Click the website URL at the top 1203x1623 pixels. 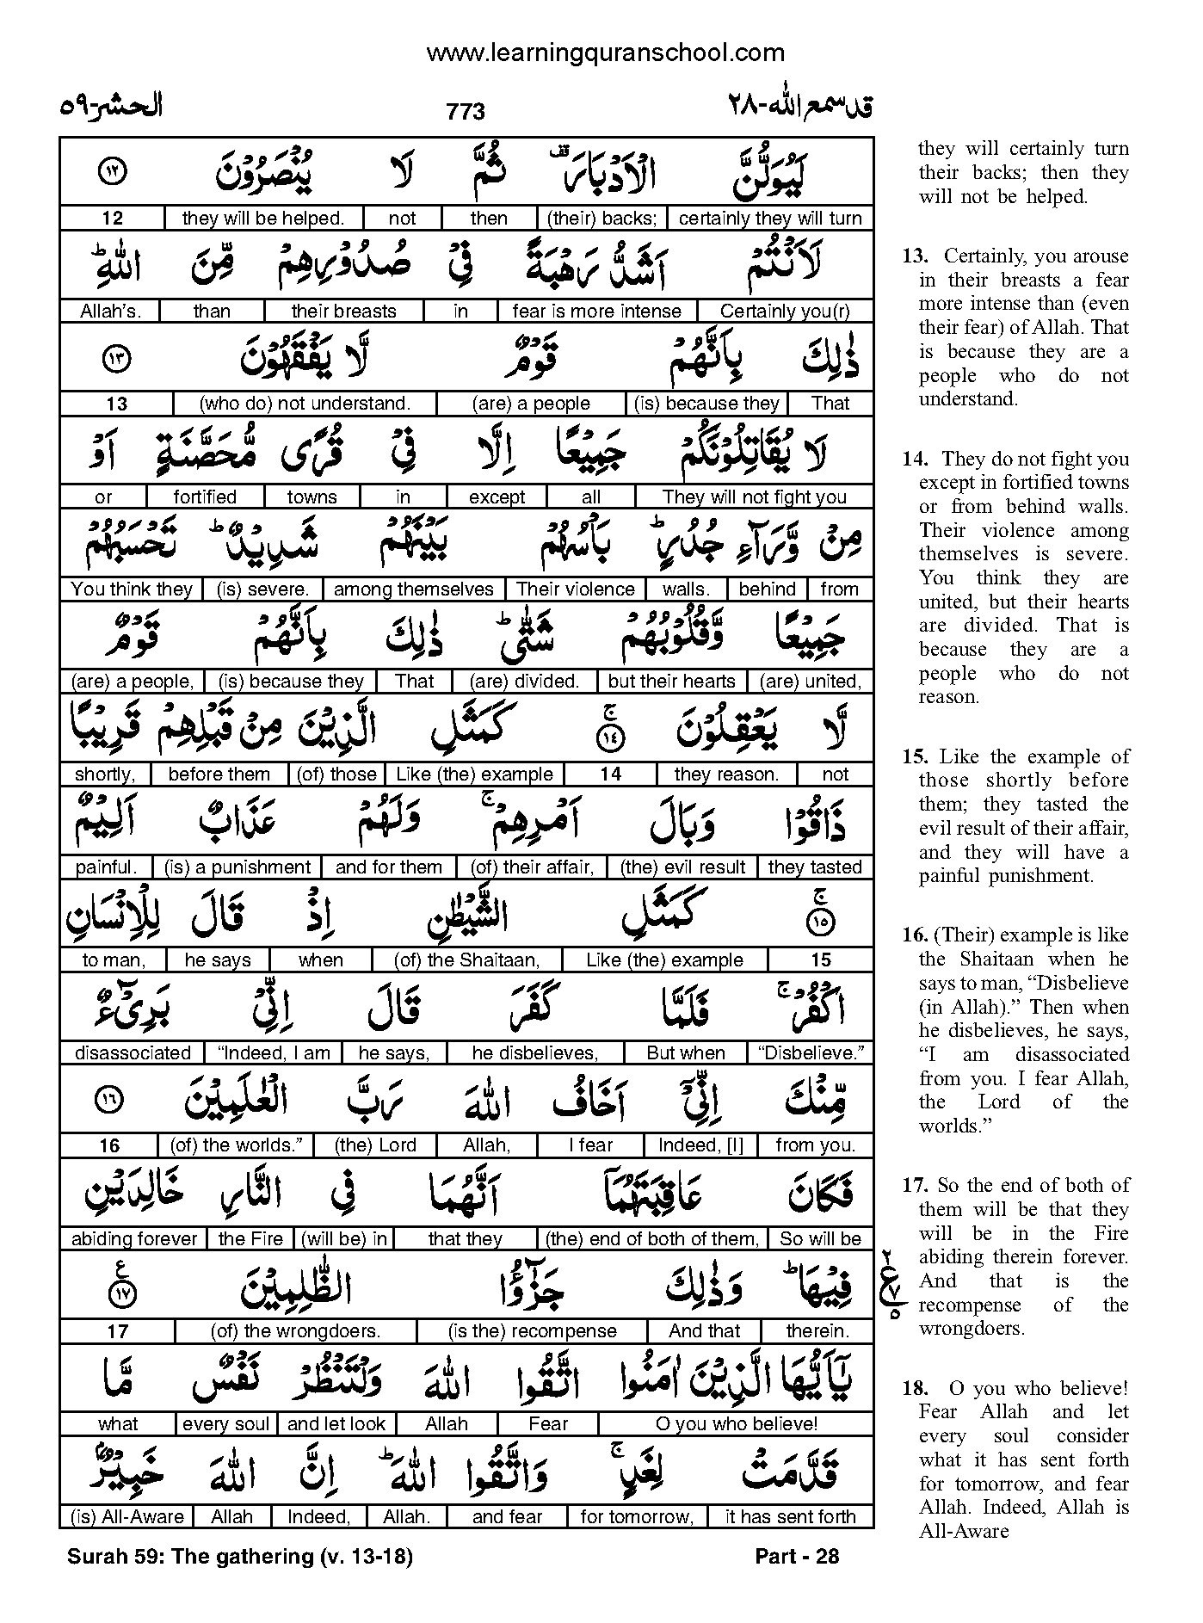tap(605, 53)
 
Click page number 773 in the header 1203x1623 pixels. tap(466, 112)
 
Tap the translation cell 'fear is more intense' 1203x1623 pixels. tap(596, 311)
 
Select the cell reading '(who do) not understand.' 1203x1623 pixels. tap(305, 404)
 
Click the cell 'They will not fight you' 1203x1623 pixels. tap(754, 497)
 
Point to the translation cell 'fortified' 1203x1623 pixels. tap(205, 497)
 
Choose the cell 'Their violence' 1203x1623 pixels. tap(576, 589)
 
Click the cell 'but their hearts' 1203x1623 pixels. tap(671, 682)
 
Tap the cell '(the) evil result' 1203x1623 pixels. tap(682, 867)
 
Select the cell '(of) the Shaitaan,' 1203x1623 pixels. tap(466, 960)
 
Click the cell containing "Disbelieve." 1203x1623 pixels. tap(811, 1053)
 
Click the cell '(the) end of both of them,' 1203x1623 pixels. tap(652, 1239)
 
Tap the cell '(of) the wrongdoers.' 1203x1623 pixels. tap(295, 1331)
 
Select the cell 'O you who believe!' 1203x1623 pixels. tap(736, 1424)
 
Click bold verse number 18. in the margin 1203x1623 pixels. tap(916, 1388)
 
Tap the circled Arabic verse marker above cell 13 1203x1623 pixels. tap(115, 361)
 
